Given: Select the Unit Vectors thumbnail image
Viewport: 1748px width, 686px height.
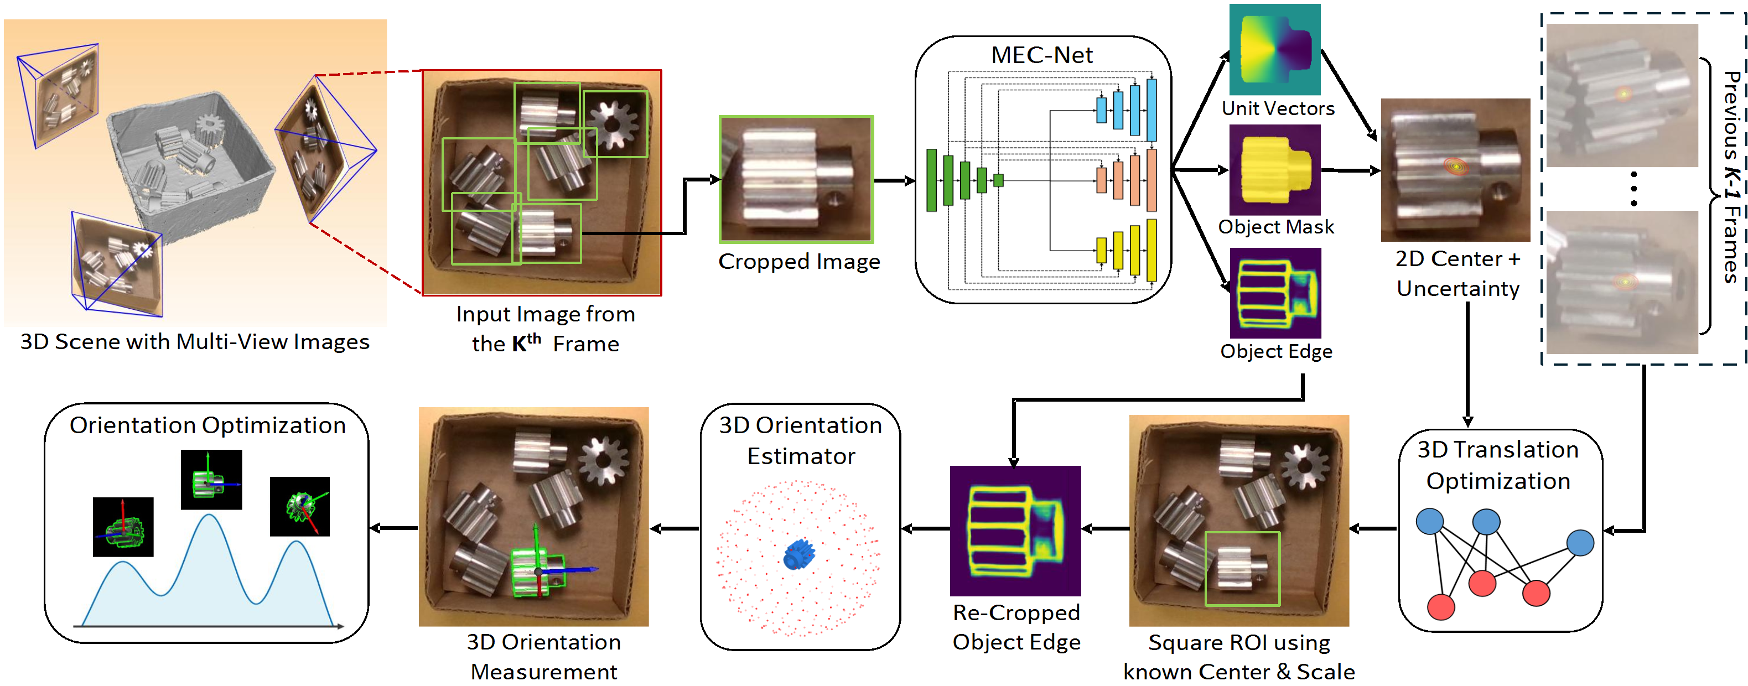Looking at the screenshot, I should (x=1275, y=50).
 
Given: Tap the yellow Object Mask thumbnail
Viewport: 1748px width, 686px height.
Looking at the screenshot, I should (x=1275, y=170).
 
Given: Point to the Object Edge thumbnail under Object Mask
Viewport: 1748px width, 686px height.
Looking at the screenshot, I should (x=1275, y=293).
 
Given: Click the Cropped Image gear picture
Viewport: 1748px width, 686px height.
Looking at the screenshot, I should (x=796, y=179).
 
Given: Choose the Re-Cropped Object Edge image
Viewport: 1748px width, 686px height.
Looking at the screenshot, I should (x=1015, y=531).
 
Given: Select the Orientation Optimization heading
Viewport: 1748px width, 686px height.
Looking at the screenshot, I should (x=208, y=425).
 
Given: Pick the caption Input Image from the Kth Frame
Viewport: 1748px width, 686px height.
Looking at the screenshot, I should (x=546, y=329).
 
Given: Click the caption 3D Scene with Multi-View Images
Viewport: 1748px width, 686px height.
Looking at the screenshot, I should (x=195, y=341).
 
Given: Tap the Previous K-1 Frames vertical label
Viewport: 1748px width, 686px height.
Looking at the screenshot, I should (x=1731, y=176).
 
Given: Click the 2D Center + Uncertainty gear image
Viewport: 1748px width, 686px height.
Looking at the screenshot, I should (x=1455, y=170).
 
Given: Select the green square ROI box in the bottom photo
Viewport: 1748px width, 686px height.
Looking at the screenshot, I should (x=1242, y=569).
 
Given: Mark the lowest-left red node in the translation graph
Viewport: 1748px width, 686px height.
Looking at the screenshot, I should (x=1440, y=606).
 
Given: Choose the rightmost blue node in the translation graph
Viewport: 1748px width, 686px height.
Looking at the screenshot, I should (x=1580, y=543).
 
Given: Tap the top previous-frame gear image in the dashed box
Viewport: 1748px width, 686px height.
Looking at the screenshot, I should (x=1622, y=95).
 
